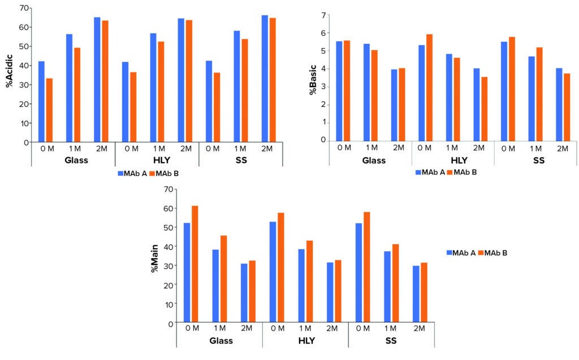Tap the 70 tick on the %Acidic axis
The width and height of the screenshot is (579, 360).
coord(23,8)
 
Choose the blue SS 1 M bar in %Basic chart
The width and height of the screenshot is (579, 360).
coord(531,98)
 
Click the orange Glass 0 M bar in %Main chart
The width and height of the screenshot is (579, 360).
coord(195,264)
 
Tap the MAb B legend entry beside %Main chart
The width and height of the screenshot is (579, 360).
coord(492,253)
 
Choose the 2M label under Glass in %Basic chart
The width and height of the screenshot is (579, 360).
coord(399,148)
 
